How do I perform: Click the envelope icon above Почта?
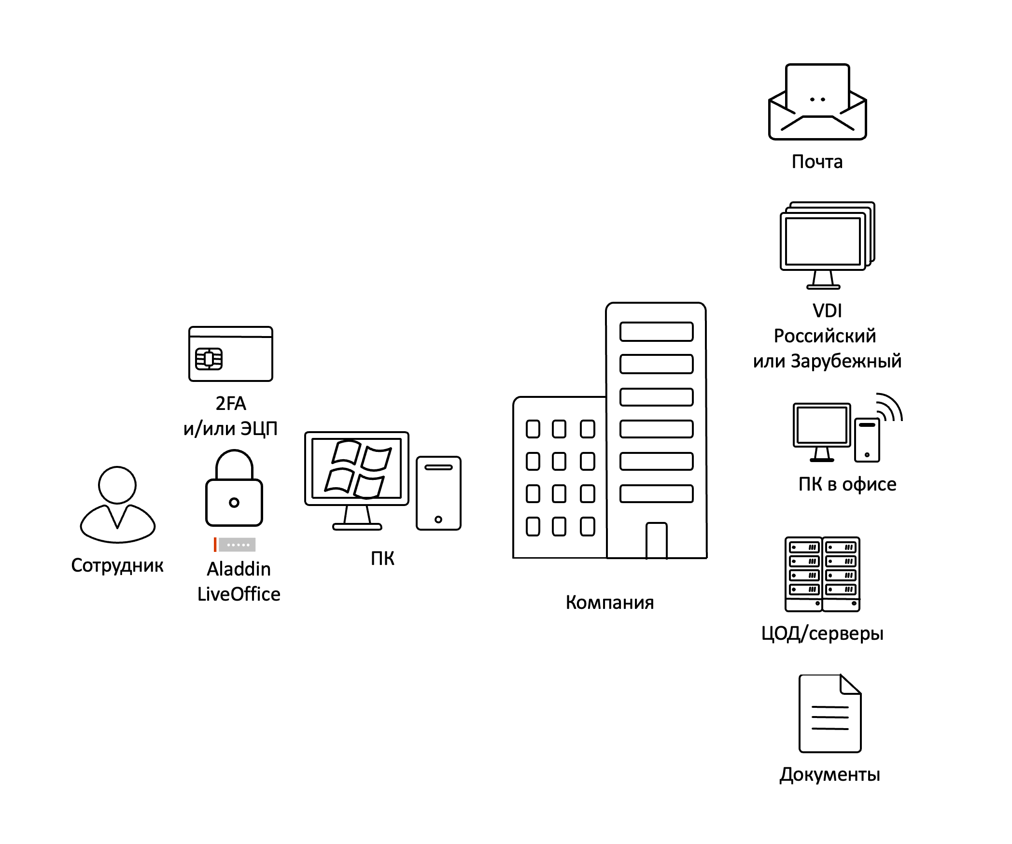click(x=817, y=102)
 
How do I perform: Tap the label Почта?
click(x=817, y=162)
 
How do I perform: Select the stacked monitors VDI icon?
click(x=827, y=244)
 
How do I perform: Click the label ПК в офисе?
click(x=847, y=484)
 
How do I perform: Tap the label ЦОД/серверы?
click(x=822, y=633)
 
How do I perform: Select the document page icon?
click(x=829, y=714)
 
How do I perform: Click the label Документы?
click(x=829, y=774)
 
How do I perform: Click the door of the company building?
click(x=656, y=541)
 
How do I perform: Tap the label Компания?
click(x=609, y=603)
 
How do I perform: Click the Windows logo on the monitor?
click(x=358, y=468)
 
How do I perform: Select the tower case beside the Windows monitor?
click(x=438, y=493)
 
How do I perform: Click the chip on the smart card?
click(x=209, y=359)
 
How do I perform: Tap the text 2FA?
click(x=231, y=404)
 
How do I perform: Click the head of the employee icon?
click(x=117, y=485)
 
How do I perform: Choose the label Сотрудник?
click(x=117, y=565)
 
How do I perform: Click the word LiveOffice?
click(x=239, y=594)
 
